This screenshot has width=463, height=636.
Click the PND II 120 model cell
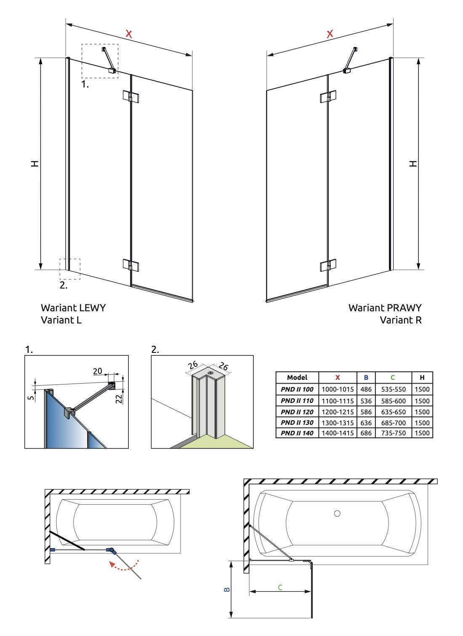click(x=297, y=412)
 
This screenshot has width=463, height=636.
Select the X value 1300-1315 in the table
click(x=338, y=423)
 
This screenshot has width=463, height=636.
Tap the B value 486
click(x=366, y=390)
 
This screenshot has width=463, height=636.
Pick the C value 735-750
click(x=394, y=433)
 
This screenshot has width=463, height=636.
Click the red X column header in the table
click(x=338, y=378)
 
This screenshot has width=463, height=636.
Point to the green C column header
click(x=393, y=378)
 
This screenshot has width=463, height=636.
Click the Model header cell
click(x=297, y=378)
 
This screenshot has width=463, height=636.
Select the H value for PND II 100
click(x=422, y=390)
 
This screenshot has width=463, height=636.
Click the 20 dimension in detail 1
click(x=98, y=371)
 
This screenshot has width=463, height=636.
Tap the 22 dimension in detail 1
click(x=119, y=398)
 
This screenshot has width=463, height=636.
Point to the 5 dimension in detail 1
click(x=31, y=397)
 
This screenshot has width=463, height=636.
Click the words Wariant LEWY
click(x=73, y=308)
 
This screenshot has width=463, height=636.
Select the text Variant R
click(x=400, y=320)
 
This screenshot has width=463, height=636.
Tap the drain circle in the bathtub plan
click(x=337, y=514)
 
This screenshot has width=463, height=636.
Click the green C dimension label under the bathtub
click(x=280, y=588)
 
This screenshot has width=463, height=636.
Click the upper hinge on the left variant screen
click(x=130, y=96)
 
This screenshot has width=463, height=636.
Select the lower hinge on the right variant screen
click(x=328, y=265)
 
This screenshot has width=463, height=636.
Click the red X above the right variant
click(x=330, y=34)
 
